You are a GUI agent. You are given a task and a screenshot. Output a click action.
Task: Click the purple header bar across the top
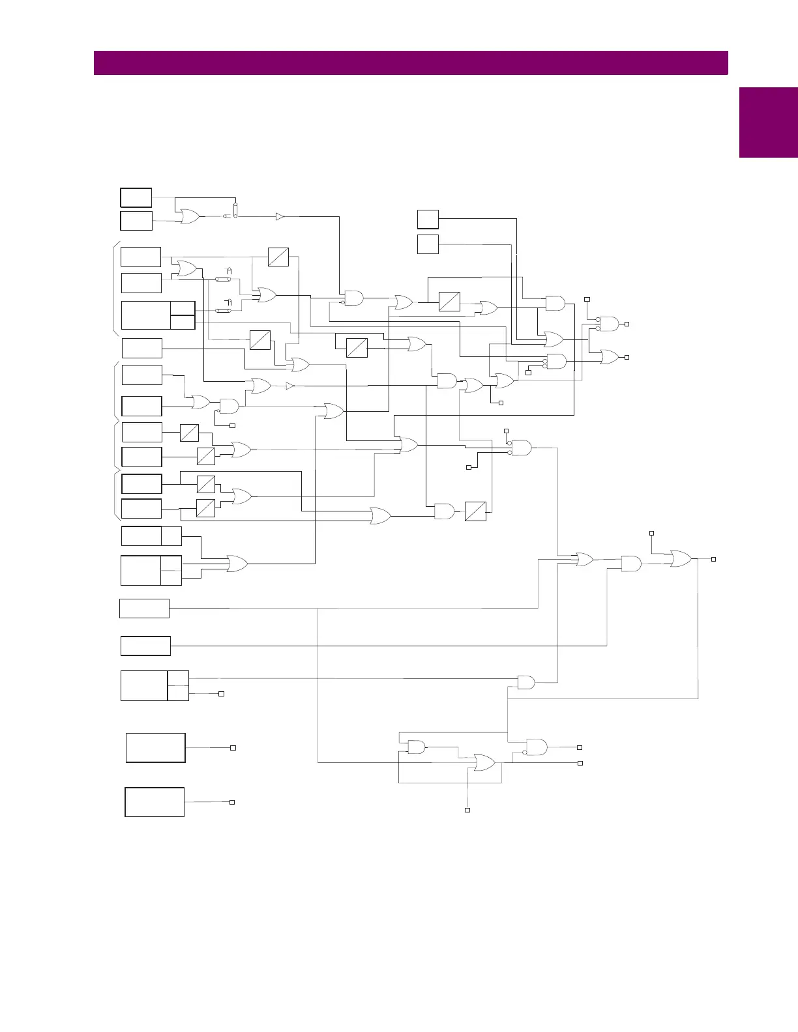(411, 63)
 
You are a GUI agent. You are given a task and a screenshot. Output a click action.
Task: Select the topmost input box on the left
(136, 197)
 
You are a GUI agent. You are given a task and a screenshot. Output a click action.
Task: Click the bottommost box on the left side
(155, 802)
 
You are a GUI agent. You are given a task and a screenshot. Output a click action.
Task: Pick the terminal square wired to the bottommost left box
(231, 802)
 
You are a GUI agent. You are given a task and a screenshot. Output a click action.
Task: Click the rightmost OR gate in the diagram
(681, 558)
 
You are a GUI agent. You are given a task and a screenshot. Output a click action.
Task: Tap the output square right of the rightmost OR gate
(714, 559)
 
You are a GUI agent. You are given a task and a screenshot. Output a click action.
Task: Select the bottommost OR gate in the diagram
(484, 763)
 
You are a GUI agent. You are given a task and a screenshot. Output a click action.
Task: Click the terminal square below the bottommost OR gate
(467, 810)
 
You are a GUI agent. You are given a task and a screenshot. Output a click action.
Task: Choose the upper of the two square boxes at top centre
(428, 220)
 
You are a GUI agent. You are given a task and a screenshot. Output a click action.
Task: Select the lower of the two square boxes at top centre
(428, 244)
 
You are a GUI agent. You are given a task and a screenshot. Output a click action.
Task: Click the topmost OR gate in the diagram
(190, 217)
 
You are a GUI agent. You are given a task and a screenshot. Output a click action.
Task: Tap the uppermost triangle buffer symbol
(280, 216)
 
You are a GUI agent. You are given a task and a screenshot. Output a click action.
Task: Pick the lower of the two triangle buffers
(290, 386)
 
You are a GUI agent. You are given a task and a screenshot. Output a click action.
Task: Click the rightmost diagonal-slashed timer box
(475, 511)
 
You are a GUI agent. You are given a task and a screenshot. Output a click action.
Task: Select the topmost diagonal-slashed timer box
(278, 257)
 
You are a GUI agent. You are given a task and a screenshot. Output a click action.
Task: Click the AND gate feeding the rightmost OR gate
(631, 564)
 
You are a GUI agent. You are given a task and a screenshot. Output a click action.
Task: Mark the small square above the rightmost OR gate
(651, 534)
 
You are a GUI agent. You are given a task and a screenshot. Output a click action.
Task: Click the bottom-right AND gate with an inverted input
(537, 747)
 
